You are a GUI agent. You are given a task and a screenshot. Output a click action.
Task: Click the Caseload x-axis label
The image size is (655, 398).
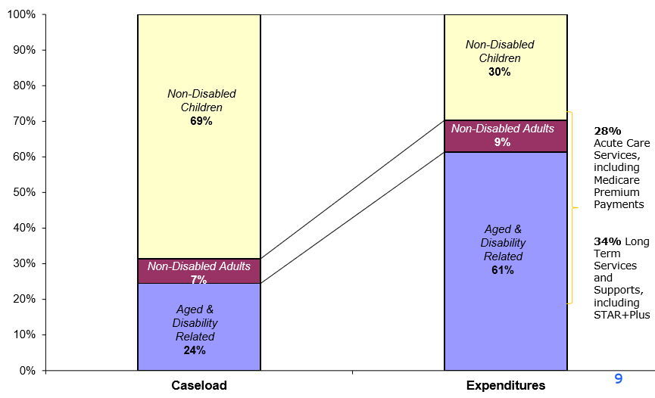point(198,385)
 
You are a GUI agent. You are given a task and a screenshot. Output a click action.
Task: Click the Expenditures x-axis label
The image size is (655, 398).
point(505,385)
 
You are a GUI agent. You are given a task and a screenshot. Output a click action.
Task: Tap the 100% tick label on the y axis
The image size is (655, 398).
point(21,14)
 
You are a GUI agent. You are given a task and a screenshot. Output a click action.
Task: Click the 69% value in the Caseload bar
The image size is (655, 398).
point(201,121)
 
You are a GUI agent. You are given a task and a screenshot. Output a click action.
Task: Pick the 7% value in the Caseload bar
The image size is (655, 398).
point(198,280)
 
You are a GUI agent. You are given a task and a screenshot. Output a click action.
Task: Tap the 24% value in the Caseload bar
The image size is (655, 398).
point(195,350)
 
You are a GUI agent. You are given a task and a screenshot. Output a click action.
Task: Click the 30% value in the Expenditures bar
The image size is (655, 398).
point(500,72)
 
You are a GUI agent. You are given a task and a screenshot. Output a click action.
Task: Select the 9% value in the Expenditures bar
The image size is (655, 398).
point(502,142)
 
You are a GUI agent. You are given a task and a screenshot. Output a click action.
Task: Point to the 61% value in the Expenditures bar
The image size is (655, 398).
point(502,270)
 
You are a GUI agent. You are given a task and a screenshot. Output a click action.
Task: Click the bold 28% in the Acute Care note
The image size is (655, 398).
point(607,131)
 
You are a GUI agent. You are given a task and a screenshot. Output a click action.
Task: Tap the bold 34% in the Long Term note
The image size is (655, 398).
point(607,241)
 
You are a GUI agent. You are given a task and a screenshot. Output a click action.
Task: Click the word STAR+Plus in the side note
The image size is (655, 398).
point(622,314)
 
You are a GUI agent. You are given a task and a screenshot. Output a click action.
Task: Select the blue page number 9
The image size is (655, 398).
point(618,379)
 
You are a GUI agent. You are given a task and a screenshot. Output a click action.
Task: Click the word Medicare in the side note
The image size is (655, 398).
point(616,179)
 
